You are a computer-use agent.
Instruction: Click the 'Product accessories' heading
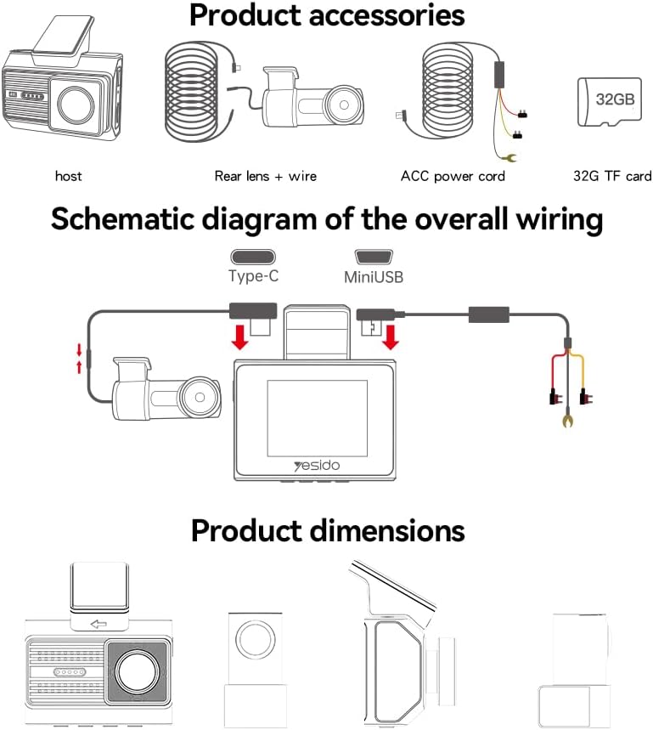click(327, 15)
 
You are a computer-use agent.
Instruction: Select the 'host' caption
click(68, 176)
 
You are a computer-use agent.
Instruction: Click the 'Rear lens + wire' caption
click(265, 176)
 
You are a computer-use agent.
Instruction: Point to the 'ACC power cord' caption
click(453, 176)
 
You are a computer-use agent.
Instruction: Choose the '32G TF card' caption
click(611, 176)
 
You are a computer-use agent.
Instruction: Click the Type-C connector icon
click(253, 257)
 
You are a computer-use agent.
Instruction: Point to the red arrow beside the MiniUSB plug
click(391, 337)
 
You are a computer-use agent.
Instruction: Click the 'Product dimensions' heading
click(327, 530)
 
